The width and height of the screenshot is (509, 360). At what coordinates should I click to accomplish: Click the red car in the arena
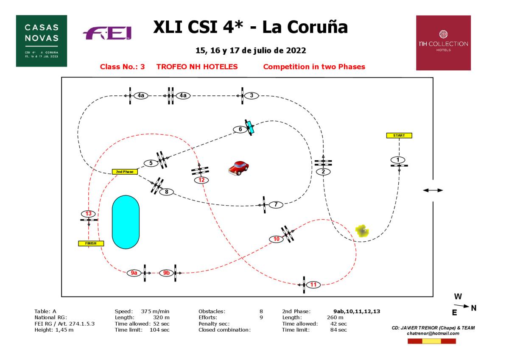pos(238,168)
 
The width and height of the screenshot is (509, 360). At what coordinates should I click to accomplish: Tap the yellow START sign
pos(399,136)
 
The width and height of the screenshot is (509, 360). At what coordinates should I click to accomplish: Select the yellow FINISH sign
pos(91,243)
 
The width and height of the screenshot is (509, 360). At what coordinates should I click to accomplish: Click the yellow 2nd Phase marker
pos(125,172)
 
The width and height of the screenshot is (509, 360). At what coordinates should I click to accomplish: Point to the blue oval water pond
pos(126,222)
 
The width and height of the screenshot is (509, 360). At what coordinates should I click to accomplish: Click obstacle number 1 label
pos(398,159)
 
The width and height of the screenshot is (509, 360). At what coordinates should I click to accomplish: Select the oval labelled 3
pos(252,95)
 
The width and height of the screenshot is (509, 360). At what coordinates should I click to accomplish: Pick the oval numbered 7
pos(276,205)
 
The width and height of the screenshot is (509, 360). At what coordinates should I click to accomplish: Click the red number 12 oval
pos(201,180)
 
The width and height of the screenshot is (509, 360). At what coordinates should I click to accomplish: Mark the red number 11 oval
pos(313,285)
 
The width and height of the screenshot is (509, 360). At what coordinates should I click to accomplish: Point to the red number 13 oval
pos(89,214)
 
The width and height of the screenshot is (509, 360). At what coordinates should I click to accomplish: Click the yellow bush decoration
pos(362,231)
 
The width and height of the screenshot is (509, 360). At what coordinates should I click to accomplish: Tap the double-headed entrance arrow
pos(433,190)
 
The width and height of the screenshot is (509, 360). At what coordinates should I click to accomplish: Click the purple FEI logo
pos(107,33)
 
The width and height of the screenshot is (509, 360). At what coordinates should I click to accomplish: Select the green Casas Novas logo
pos(42,41)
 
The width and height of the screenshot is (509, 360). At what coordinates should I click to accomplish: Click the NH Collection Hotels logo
pos(443,43)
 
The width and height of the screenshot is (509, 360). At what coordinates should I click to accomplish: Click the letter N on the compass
pos(473,308)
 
